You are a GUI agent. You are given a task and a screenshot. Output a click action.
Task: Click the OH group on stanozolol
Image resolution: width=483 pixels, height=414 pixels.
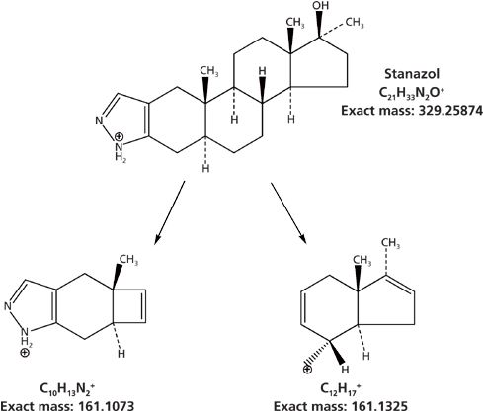click(x=321, y=6)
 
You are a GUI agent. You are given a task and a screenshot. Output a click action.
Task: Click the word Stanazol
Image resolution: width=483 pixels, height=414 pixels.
click(x=412, y=74)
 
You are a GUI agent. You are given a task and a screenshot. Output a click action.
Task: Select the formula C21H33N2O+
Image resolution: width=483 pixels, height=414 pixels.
click(x=412, y=93)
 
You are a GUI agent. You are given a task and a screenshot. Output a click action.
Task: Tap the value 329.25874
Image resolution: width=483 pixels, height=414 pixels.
click(x=450, y=111)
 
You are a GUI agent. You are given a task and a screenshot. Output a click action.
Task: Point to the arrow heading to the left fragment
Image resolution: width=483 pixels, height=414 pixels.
click(x=170, y=212)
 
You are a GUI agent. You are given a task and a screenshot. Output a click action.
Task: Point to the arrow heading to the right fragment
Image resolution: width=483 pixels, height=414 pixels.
click(x=288, y=213)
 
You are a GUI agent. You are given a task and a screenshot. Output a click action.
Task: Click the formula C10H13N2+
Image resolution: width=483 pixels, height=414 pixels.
click(x=67, y=389)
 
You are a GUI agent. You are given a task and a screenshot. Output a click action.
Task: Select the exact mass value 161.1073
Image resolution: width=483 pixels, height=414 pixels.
click(x=105, y=405)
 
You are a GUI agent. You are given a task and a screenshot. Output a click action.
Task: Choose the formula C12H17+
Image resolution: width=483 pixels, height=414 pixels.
click(x=340, y=389)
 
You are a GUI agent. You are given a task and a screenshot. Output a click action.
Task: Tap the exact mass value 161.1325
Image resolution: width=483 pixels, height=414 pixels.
click(x=377, y=406)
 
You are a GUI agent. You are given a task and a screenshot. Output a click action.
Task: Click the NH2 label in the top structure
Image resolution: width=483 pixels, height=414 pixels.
click(x=121, y=151)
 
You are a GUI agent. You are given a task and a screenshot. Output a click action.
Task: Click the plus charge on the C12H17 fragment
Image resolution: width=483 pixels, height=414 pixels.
click(x=307, y=370)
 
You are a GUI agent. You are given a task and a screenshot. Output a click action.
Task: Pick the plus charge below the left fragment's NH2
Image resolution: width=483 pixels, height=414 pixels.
click(x=25, y=353)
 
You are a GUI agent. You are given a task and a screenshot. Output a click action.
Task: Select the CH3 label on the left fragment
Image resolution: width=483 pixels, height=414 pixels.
click(x=128, y=260)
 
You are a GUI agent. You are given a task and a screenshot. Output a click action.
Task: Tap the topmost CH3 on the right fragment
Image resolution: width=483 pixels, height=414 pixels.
click(x=390, y=244)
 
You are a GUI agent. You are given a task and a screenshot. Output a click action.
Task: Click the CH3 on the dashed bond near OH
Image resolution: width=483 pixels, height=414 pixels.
click(x=355, y=23)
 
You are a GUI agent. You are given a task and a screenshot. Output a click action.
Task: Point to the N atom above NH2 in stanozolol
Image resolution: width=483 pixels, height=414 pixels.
click(x=99, y=121)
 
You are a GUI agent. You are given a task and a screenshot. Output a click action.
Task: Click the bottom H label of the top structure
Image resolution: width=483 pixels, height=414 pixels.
click(x=205, y=169)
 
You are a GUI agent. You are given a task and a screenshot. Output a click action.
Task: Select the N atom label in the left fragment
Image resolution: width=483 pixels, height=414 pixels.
click(x=8, y=307)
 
